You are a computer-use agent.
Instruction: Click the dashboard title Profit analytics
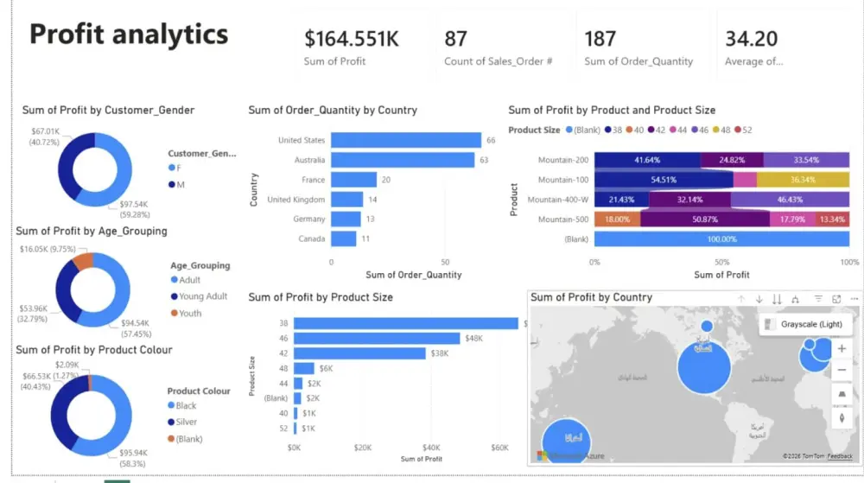point(129,35)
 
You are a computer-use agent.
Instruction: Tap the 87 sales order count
point(455,39)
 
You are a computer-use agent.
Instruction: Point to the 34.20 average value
point(751,39)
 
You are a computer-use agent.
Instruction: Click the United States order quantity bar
point(405,140)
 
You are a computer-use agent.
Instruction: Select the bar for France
point(353,180)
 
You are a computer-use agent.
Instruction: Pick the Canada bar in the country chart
point(343,238)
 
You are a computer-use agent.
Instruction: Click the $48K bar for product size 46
point(378,339)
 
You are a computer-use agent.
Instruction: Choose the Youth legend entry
point(190,313)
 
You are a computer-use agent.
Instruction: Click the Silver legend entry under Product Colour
point(187,422)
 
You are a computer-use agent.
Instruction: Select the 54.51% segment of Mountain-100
point(664,180)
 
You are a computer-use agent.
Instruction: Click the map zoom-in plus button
point(842,349)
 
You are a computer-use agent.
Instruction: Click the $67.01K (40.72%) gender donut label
point(47,137)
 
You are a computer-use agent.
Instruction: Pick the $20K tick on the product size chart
point(363,448)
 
